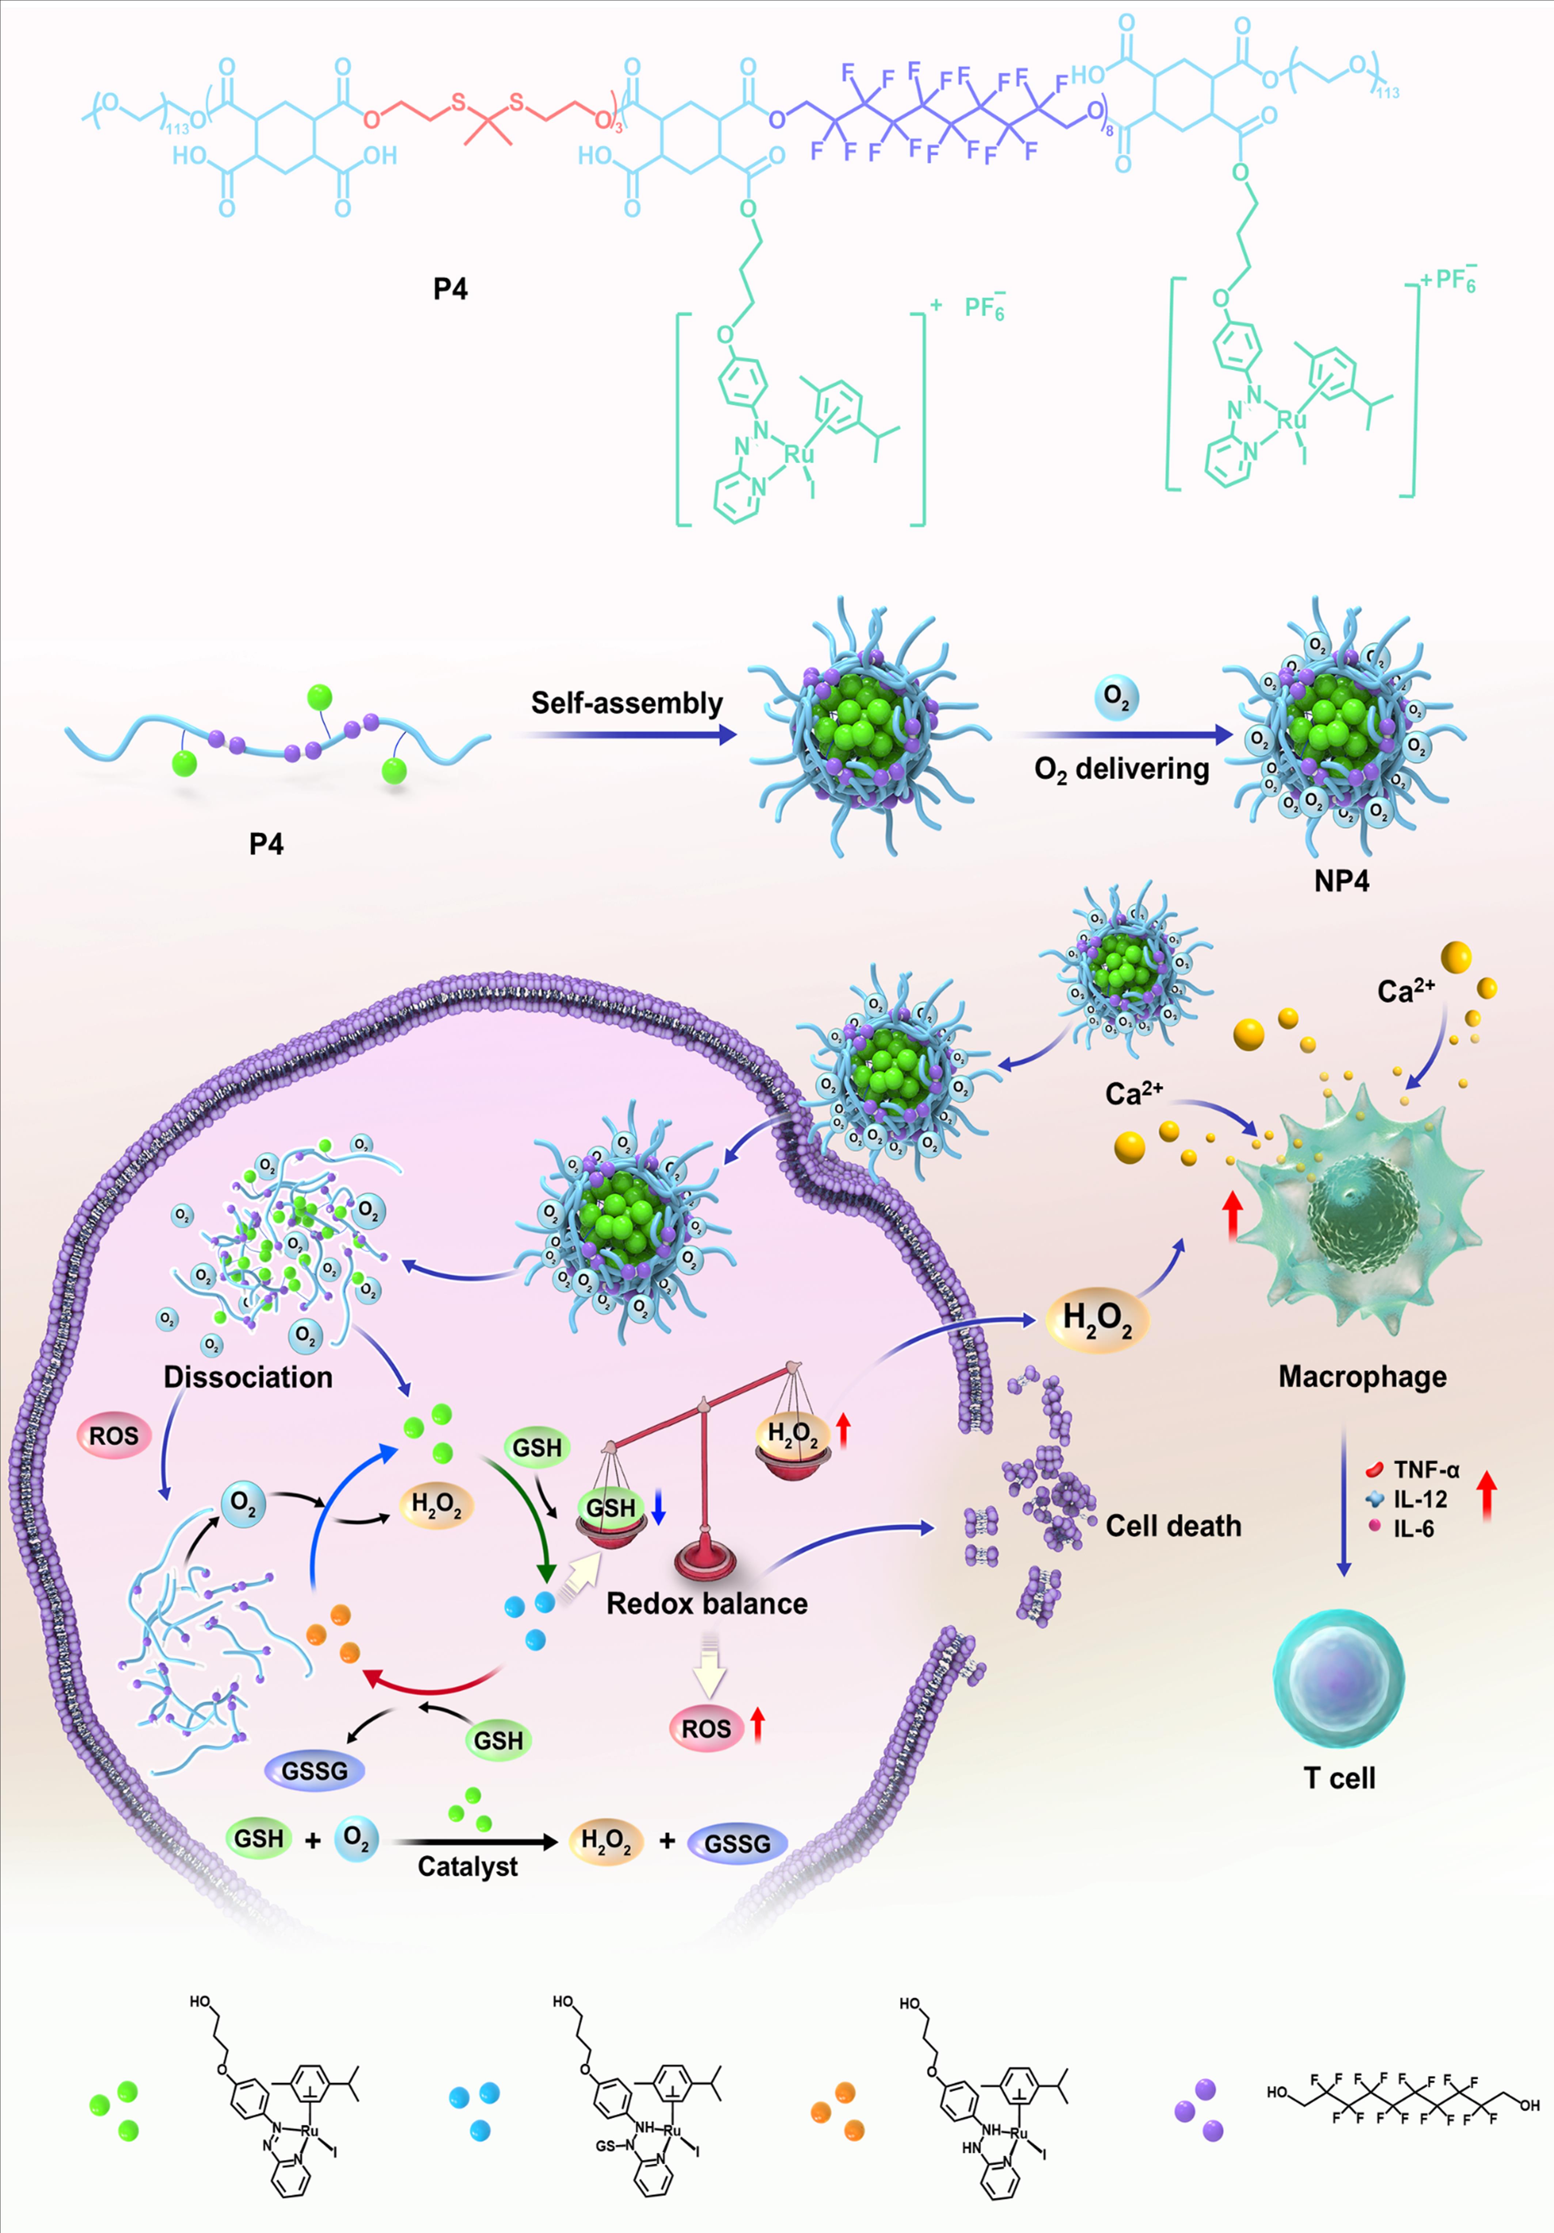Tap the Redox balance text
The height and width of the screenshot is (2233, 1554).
click(707, 1604)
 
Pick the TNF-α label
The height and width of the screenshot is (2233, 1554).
click(1426, 1469)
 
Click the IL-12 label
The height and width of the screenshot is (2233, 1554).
click(1420, 1499)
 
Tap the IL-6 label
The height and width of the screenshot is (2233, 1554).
click(1413, 1529)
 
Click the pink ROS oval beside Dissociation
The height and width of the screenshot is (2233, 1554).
click(114, 1435)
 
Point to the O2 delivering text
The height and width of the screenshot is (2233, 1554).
click(1121, 769)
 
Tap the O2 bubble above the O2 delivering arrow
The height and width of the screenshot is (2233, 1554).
click(1116, 697)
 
